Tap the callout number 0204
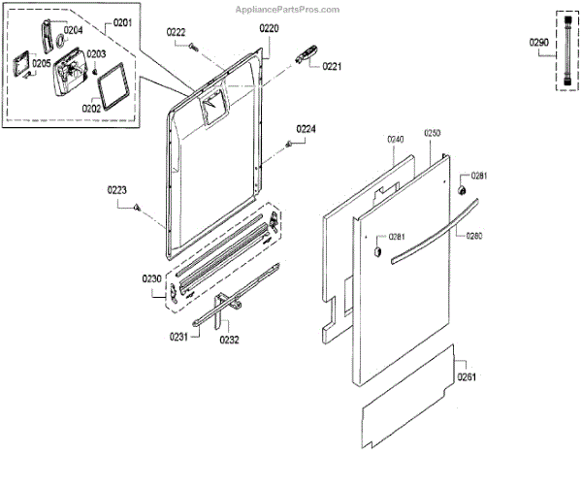point(73,30)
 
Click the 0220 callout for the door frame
point(269,29)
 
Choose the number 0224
point(306,129)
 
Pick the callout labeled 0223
point(116,190)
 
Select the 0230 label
point(152,279)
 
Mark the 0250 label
point(433,133)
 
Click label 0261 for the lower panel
point(468,376)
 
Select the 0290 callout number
point(539,43)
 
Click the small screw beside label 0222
point(194,45)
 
